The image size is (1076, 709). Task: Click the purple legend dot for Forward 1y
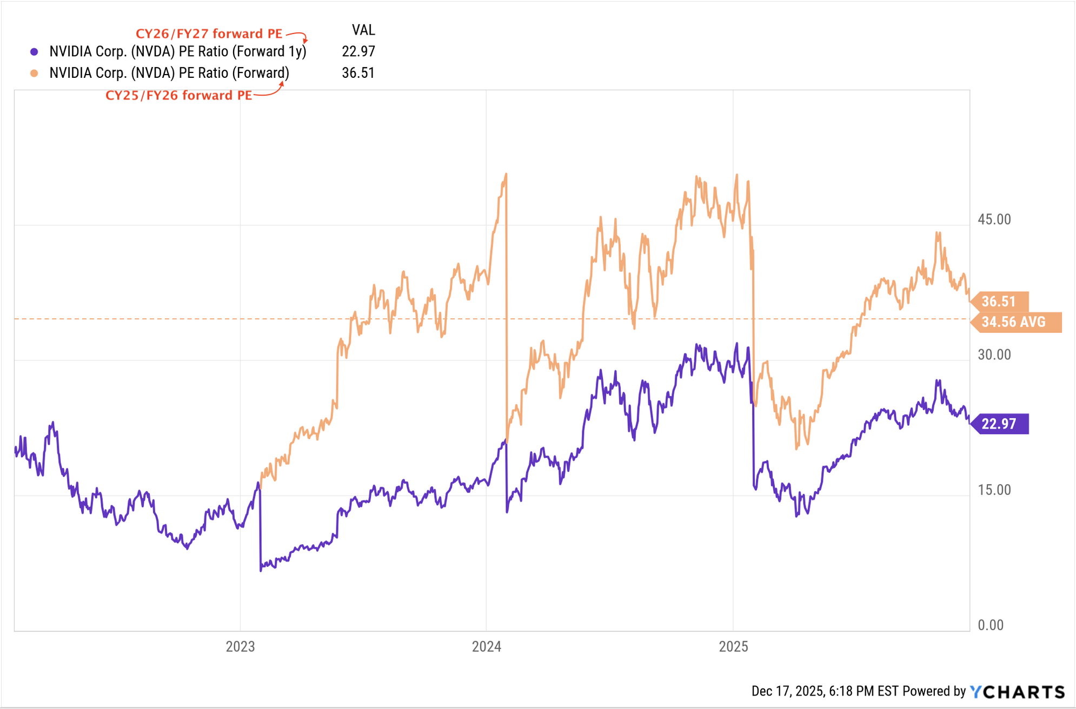click(x=34, y=52)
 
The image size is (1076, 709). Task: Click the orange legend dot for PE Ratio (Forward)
click(x=34, y=73)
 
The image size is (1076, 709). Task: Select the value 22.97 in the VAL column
click(x=358, y=51)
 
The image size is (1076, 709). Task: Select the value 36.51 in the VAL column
click(x=358, y=73)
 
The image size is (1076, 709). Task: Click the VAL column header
click(x=363, y=30)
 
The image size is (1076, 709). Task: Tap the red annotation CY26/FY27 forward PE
click(x=209, y=34)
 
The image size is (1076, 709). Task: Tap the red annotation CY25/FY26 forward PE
click(x=178, y=96)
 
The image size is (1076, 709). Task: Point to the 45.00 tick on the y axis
click(x=994, y=219)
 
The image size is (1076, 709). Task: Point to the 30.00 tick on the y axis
click(x=994, y=354)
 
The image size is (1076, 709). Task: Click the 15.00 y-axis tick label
click(x=994, y=490)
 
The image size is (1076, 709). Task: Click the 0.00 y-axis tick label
click(x=991, y=625)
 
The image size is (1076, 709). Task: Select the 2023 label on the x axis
click(x=240, y=646)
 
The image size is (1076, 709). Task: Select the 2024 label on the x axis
click(x=486, y=646)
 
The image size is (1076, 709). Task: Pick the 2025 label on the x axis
click(x=733, y=646)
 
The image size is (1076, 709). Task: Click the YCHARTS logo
click(x=1017, y=692)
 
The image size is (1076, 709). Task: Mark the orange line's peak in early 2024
click(x=506, y=174)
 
